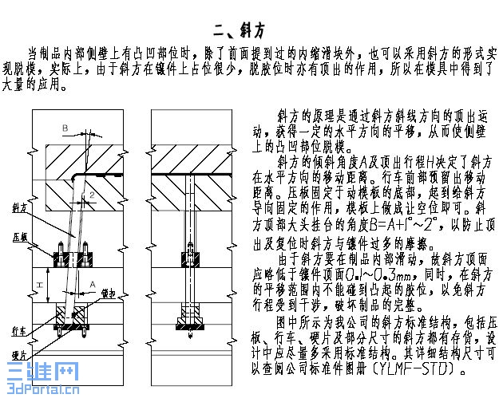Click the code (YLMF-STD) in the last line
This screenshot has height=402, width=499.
coord(420,371)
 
